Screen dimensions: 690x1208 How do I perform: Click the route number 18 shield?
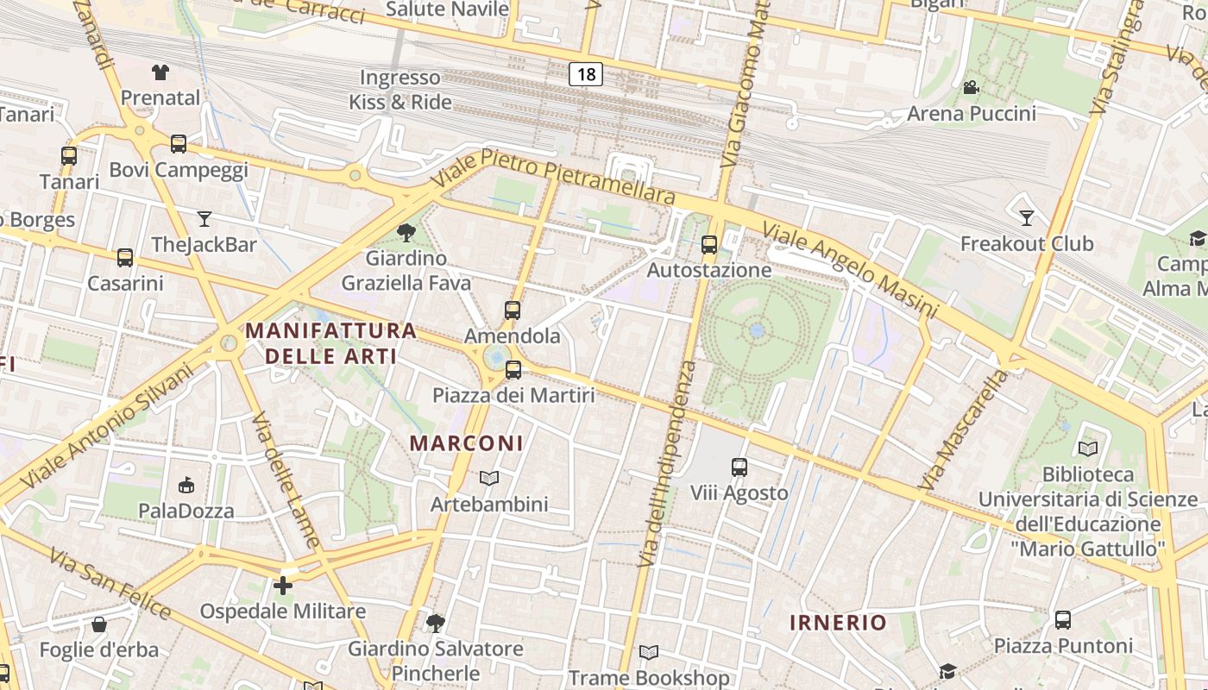(586, 74)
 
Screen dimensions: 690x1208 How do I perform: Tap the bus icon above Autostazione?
(709, 245)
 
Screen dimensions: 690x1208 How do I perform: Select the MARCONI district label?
(466, 443)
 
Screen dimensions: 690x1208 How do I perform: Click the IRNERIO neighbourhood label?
(838, 623)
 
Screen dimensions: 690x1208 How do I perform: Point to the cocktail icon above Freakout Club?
(1026, 217)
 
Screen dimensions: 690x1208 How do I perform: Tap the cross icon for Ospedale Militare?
(283, 586)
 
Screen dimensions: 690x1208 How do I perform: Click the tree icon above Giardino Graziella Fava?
(406, 232)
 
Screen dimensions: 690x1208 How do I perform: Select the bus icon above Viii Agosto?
(739, 467)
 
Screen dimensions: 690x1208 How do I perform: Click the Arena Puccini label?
(971, 114)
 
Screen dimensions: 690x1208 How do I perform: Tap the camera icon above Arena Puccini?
(971, 87)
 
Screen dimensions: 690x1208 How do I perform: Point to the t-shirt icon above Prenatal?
(160, 72)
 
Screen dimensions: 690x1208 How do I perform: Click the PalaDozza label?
(186, 511)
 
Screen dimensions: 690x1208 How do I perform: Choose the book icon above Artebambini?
(489, 478)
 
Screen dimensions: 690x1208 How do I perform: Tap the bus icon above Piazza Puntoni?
(1063, 619)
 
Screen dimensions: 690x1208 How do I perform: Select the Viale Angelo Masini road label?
(850, 269)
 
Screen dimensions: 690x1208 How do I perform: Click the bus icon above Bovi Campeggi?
(179, 143)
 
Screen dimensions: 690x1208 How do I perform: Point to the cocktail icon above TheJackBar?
(204, 218)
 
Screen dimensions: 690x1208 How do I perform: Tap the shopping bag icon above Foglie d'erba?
(99, 624)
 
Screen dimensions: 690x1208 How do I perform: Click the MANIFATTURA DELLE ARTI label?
(331, 342)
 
